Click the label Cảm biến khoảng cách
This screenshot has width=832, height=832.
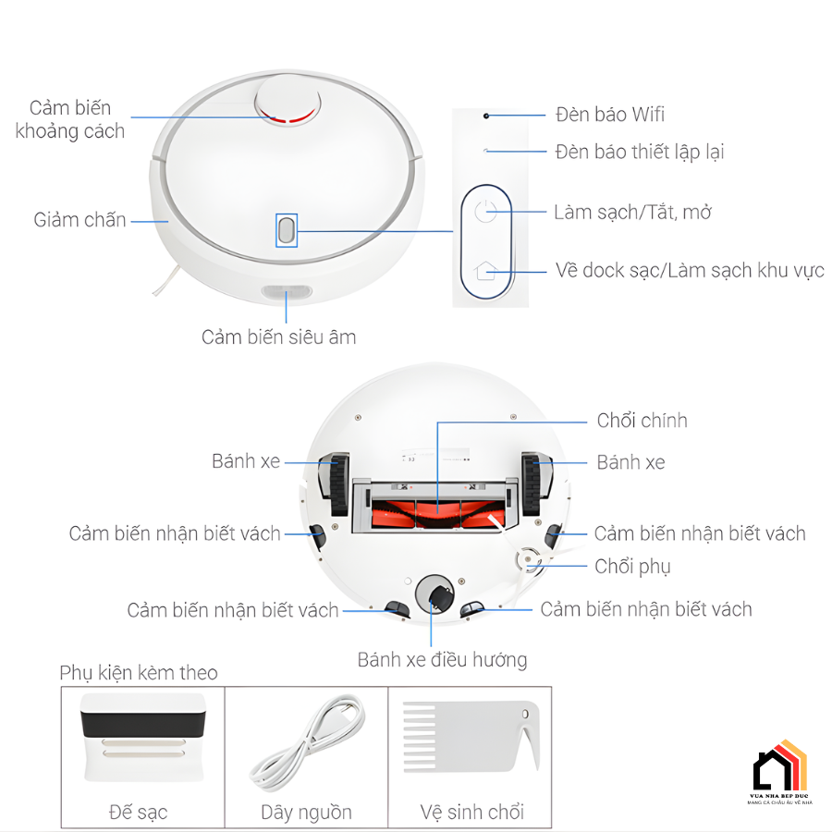[x=70, y=120]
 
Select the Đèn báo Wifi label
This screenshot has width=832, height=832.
[x=610, y=115]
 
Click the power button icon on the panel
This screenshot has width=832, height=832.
[x=486, y=212]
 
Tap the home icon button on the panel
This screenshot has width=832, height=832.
[x=486, y=271]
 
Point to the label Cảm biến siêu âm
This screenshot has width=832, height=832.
[x=278, y=337]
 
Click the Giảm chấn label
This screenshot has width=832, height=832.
[x=80, y=220]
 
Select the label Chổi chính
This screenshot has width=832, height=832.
[x=642, y=421]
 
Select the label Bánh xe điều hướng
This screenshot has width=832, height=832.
[x=442, y=659]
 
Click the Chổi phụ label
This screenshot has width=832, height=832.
[x=632, y=566]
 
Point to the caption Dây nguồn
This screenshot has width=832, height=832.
[x=306, y=813]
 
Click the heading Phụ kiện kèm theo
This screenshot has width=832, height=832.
[x=139, y=672]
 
